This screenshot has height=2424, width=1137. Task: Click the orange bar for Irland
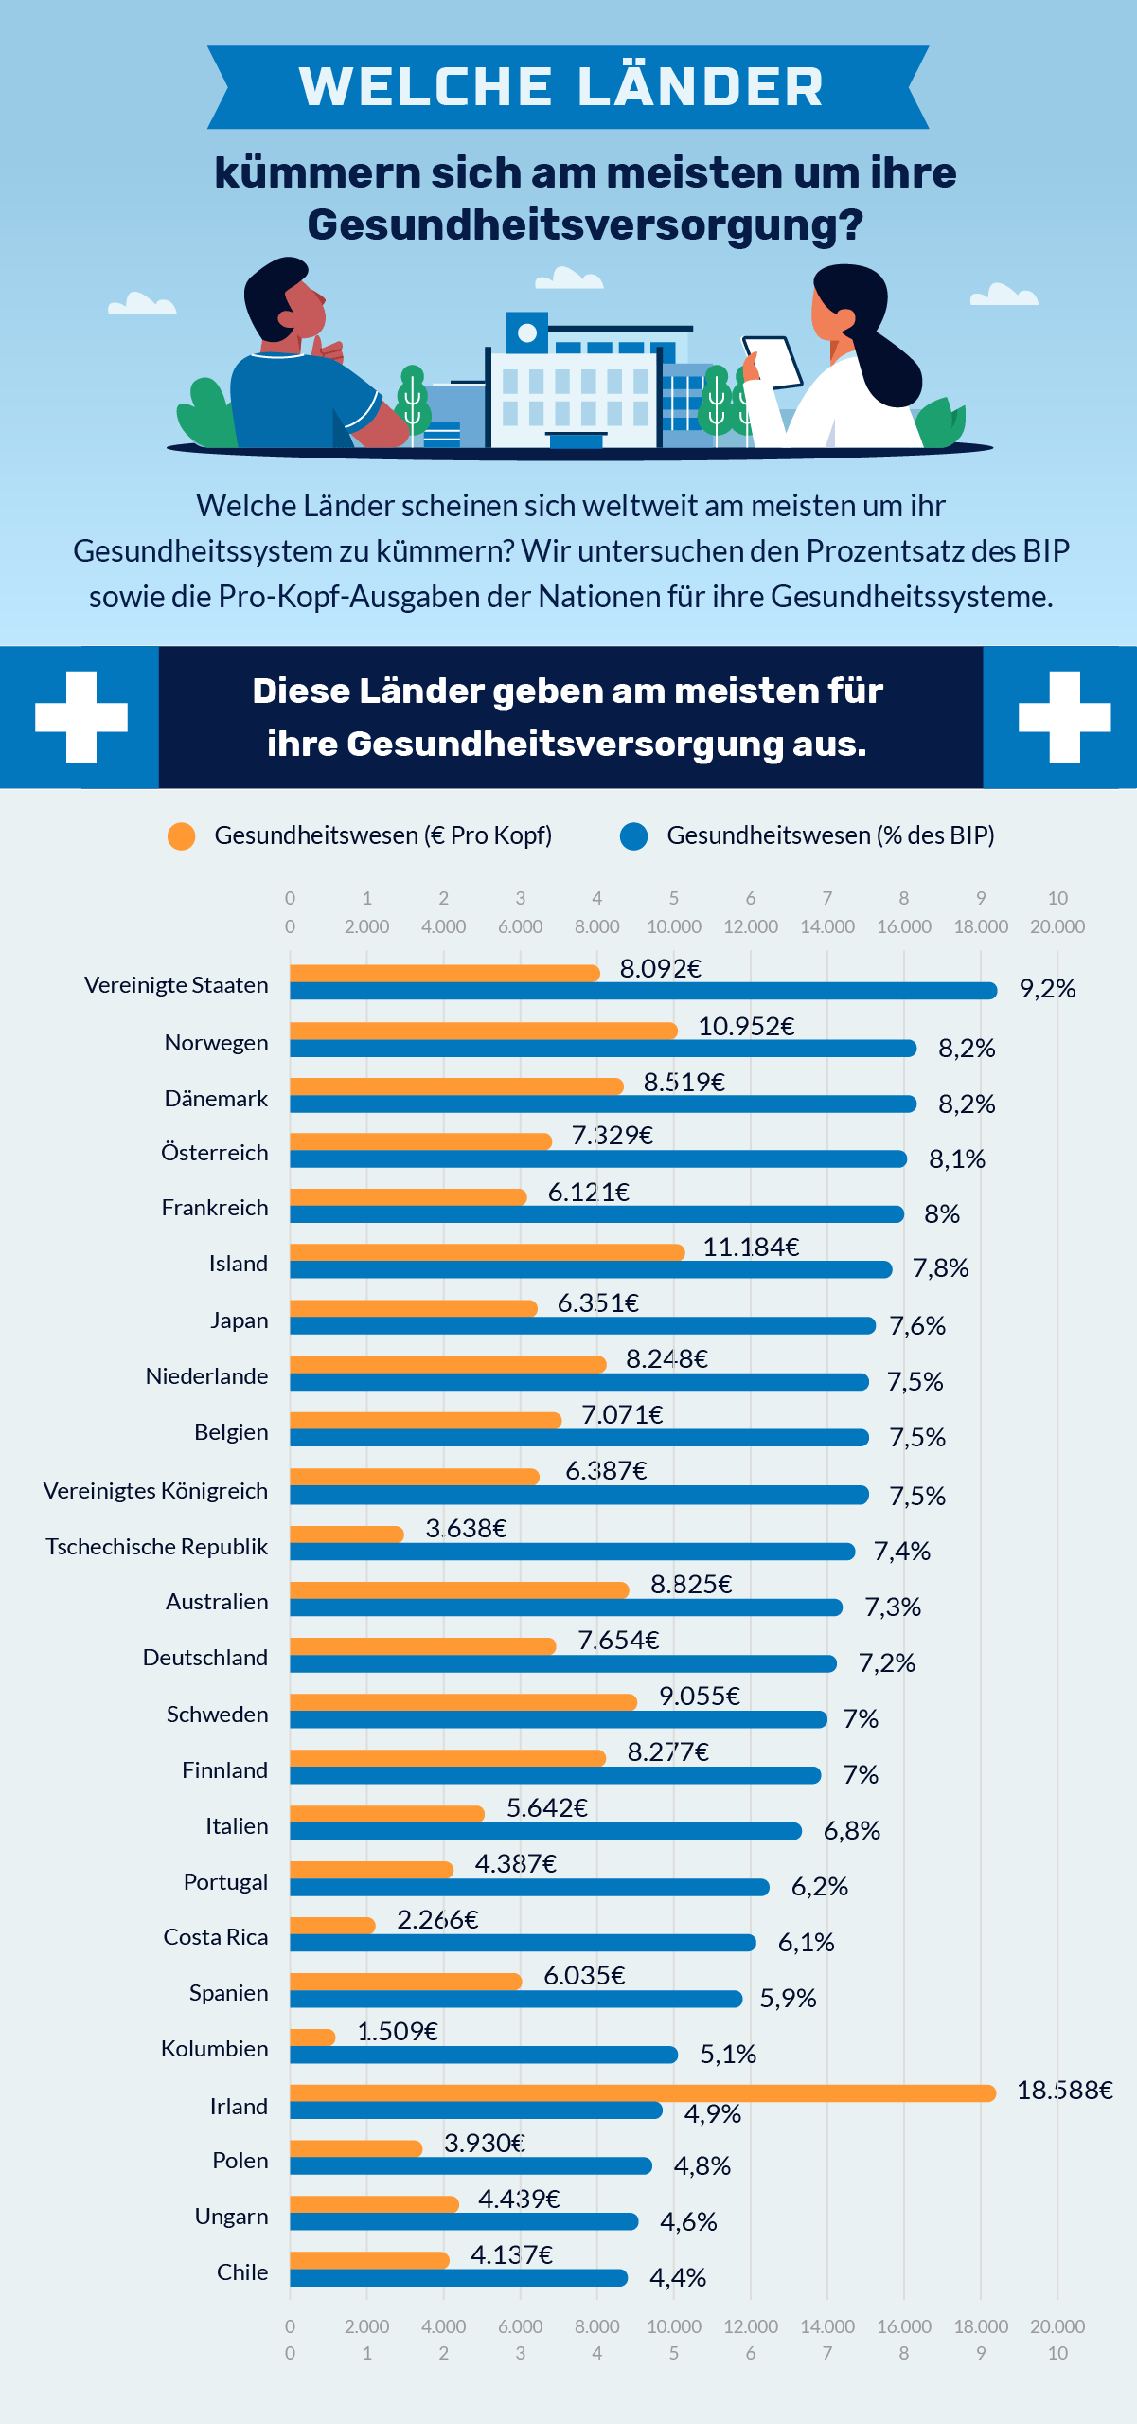coord(643,2092)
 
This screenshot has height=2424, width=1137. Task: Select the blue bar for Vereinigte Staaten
coord(644,991)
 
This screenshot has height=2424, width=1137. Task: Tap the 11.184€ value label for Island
coord(751,1248)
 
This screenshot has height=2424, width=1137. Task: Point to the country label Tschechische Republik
coord(157,1547)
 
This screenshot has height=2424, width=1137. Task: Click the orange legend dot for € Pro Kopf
coord(181,836)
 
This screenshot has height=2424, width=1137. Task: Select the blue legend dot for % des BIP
coord(633,836)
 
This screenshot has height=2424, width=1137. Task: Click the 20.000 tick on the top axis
coord(1057,926)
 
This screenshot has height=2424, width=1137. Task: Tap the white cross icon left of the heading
coord(81,717)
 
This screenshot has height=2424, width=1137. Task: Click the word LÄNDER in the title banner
coord(701,86)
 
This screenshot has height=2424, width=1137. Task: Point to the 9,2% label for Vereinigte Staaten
coord(1047,989)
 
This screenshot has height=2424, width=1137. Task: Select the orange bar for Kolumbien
coord(312,2037)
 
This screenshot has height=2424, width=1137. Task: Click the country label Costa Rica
coord(216,1937)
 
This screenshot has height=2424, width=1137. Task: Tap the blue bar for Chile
coord(459,2278)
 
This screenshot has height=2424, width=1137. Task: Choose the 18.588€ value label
coord(1065,2091)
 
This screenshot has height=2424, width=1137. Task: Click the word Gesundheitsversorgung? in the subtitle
coord(585,225)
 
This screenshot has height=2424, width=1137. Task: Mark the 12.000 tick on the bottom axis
coord(751,2326)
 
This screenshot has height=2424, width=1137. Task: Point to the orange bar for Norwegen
coord(484,1031)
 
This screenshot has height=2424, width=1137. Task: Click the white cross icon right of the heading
coord(1065,717)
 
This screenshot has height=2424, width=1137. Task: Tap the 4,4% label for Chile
coord(678,2278)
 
